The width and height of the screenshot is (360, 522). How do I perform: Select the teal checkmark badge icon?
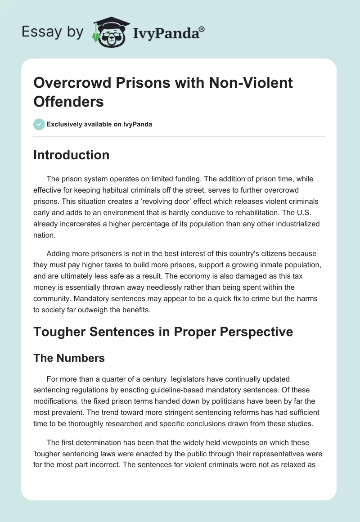pos(39,124)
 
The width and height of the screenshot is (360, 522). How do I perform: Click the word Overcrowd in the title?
pos(72,83)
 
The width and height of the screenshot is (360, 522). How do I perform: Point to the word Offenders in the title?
pos(69,101)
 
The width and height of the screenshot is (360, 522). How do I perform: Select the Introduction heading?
pos(72,155)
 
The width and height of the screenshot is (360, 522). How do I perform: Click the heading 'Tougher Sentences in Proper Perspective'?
pos(163,332)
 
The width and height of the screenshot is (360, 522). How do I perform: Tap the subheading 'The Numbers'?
pos(69,358)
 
